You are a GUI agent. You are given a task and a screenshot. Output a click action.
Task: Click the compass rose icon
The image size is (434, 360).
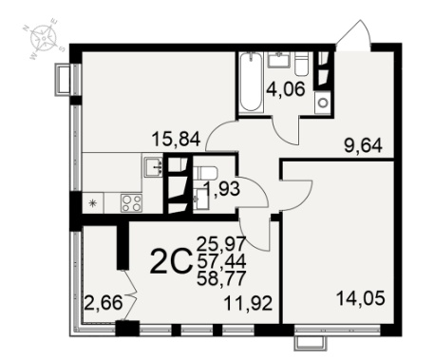tap(44, 39)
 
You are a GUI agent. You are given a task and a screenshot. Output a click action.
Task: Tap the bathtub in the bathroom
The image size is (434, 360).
tap(252, 83)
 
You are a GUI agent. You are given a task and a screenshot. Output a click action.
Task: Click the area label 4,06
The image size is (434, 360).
tap(286, 89)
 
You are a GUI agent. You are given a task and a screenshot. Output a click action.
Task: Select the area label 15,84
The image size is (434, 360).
tap(177, 139)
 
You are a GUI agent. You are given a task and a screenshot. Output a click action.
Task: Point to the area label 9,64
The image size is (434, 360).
tap(363, 146)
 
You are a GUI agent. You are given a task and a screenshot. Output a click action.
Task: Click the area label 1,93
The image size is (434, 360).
tap(222, 189)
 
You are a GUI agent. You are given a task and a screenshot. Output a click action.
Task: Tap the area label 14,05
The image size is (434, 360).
tap(361, 298)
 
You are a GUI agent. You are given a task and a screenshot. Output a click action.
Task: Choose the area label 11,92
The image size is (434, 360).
tap(248, 304)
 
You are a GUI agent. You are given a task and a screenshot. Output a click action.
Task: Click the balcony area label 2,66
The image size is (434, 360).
tap(104, 303)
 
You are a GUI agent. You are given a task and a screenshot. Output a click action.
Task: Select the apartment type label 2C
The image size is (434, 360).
tap(171, 261)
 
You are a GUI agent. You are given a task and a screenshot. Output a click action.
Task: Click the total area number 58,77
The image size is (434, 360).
tap(221, 278)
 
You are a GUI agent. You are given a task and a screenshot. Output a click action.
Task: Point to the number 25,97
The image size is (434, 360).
tap(221, 244)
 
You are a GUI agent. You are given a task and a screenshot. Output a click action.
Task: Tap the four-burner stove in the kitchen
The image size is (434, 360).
tap(131, 203)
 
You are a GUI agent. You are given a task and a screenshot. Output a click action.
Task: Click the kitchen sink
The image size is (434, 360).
tap(154, 166)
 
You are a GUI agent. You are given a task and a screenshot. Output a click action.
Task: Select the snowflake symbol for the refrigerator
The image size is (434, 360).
tap(93, 203)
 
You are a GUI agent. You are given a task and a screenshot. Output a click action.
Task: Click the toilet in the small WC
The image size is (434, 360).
tap(205, 173)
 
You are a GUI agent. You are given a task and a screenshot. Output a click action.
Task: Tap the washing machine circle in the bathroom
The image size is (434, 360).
tap(323, 103)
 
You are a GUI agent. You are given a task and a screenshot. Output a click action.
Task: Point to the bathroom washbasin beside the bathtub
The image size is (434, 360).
tap(279, 60)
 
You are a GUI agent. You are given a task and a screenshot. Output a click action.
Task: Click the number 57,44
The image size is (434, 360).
tap(221, 261)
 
